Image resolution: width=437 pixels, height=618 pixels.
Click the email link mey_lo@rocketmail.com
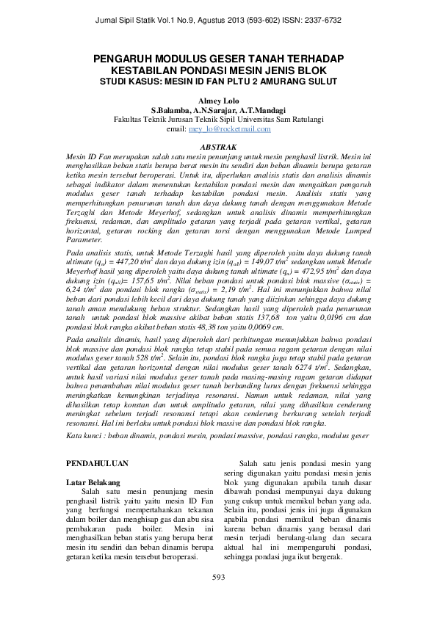tap(229, 129)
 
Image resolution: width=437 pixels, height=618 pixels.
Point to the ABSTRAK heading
tap(218, 147)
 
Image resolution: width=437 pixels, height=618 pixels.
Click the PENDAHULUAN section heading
tap(98, 464)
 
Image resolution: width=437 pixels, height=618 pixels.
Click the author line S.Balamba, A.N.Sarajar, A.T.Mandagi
tap(218, 109)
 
